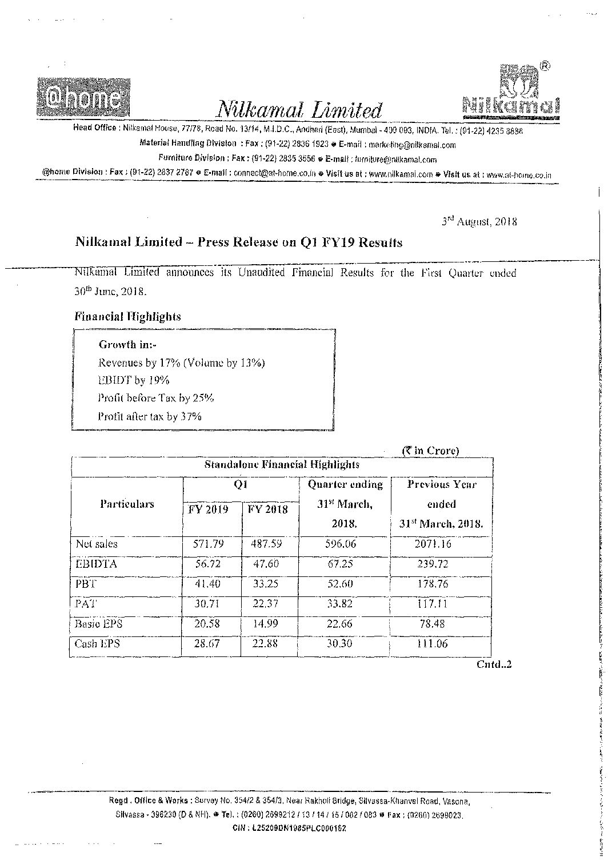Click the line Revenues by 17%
coord(181,363)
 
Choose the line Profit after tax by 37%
coord(150,416)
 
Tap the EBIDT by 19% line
coord(134,380)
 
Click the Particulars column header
coord(127,504)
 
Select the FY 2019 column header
coord(208,509)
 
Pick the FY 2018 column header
coord(267,509)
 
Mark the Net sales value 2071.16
coord(433,544)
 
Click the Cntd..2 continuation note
coord(494,664)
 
